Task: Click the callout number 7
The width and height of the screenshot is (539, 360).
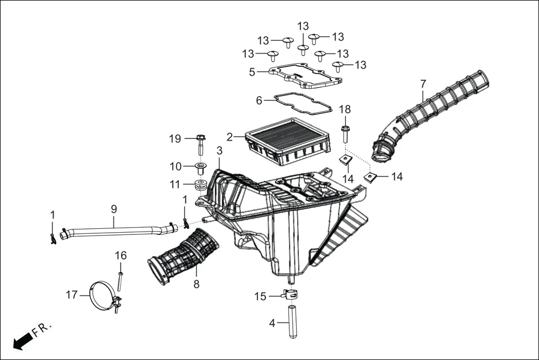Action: point(423,84)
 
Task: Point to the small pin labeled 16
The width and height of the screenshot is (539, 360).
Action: point(120,281)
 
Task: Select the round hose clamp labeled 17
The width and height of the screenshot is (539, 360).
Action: point(103,296)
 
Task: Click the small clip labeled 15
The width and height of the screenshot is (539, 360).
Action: point(289,294)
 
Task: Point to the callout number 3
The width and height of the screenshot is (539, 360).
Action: point(220,151)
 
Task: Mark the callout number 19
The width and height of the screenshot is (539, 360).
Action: point(175,138)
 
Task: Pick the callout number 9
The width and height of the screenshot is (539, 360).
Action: point(114,209)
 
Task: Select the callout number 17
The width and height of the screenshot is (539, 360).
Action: point(71,294)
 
